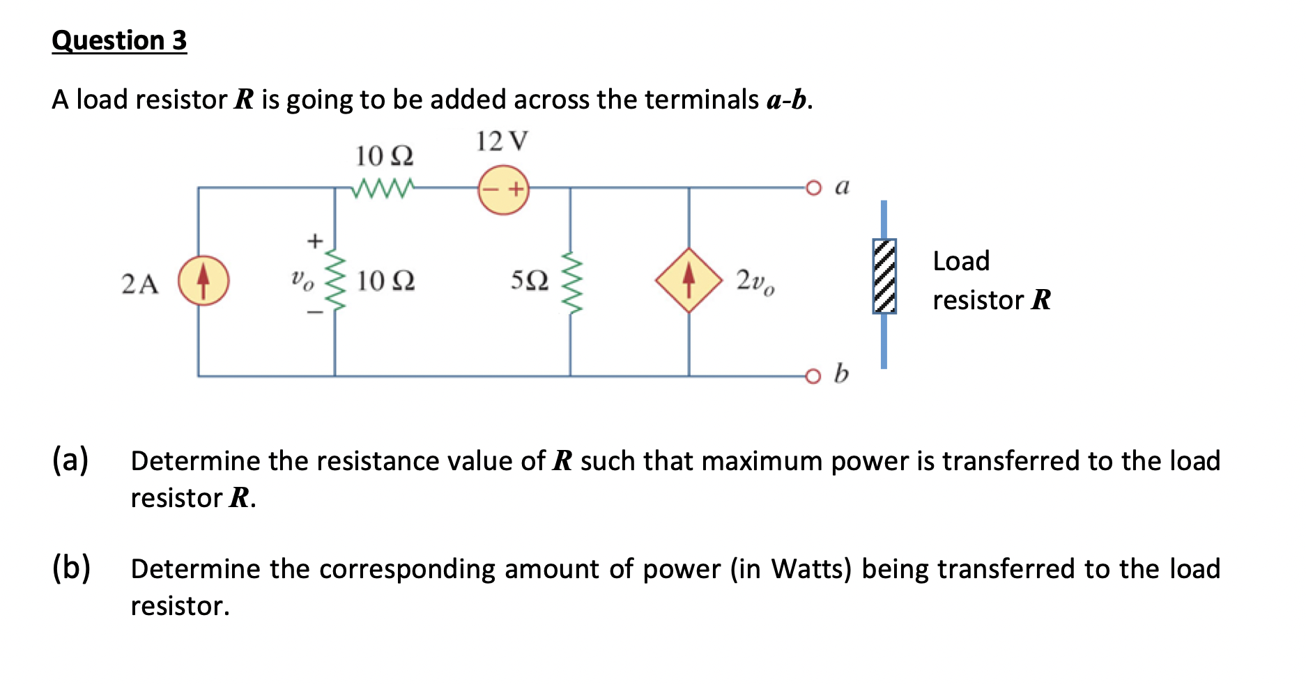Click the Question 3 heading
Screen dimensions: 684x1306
point(119,40)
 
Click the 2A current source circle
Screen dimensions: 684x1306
point(203,281)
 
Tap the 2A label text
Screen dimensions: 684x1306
point(140,284)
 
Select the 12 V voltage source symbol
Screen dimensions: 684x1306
point(503,189)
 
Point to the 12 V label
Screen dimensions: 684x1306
point(501,141)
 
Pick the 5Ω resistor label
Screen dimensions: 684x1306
point(529,281)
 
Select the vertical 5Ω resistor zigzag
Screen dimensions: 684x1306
point(571,282)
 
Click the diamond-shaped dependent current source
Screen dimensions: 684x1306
point(689,280)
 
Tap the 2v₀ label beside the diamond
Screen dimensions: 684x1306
point(755,282)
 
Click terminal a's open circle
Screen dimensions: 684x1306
point(813,187)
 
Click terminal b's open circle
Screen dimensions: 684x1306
point(813,376)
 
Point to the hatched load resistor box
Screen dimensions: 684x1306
point(884,276)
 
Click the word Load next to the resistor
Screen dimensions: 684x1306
point(961,261)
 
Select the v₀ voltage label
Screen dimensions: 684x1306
point(302,280)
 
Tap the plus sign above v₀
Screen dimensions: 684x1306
point(315,241)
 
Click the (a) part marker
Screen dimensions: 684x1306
point(70,460)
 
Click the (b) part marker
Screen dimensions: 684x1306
point(71,568)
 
